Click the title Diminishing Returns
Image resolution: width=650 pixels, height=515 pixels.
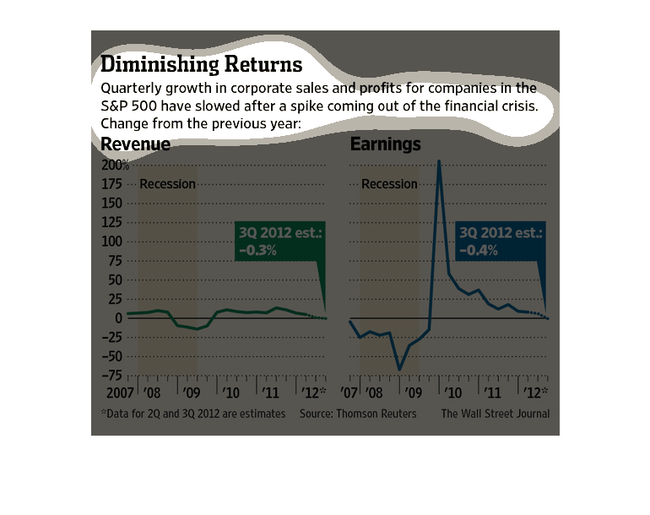click(x=201, y=64)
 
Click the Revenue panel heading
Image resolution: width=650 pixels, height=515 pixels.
click(x=135, y=144)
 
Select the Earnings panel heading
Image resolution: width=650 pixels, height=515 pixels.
click(x=385, y=144)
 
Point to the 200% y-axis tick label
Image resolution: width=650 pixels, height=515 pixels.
click(x=116, y=164)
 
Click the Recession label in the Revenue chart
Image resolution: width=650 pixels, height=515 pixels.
click(x=167, y=184)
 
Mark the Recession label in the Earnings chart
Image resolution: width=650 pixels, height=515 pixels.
click(x=389, y=184)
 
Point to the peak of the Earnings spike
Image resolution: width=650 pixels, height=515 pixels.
click(x=439, y=160)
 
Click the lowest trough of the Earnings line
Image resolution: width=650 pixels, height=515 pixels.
click(x=399, y=370)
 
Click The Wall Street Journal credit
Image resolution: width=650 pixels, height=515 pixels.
click(x=495, y=414)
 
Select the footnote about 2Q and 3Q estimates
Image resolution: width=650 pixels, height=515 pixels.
click(x=192, y=414)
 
